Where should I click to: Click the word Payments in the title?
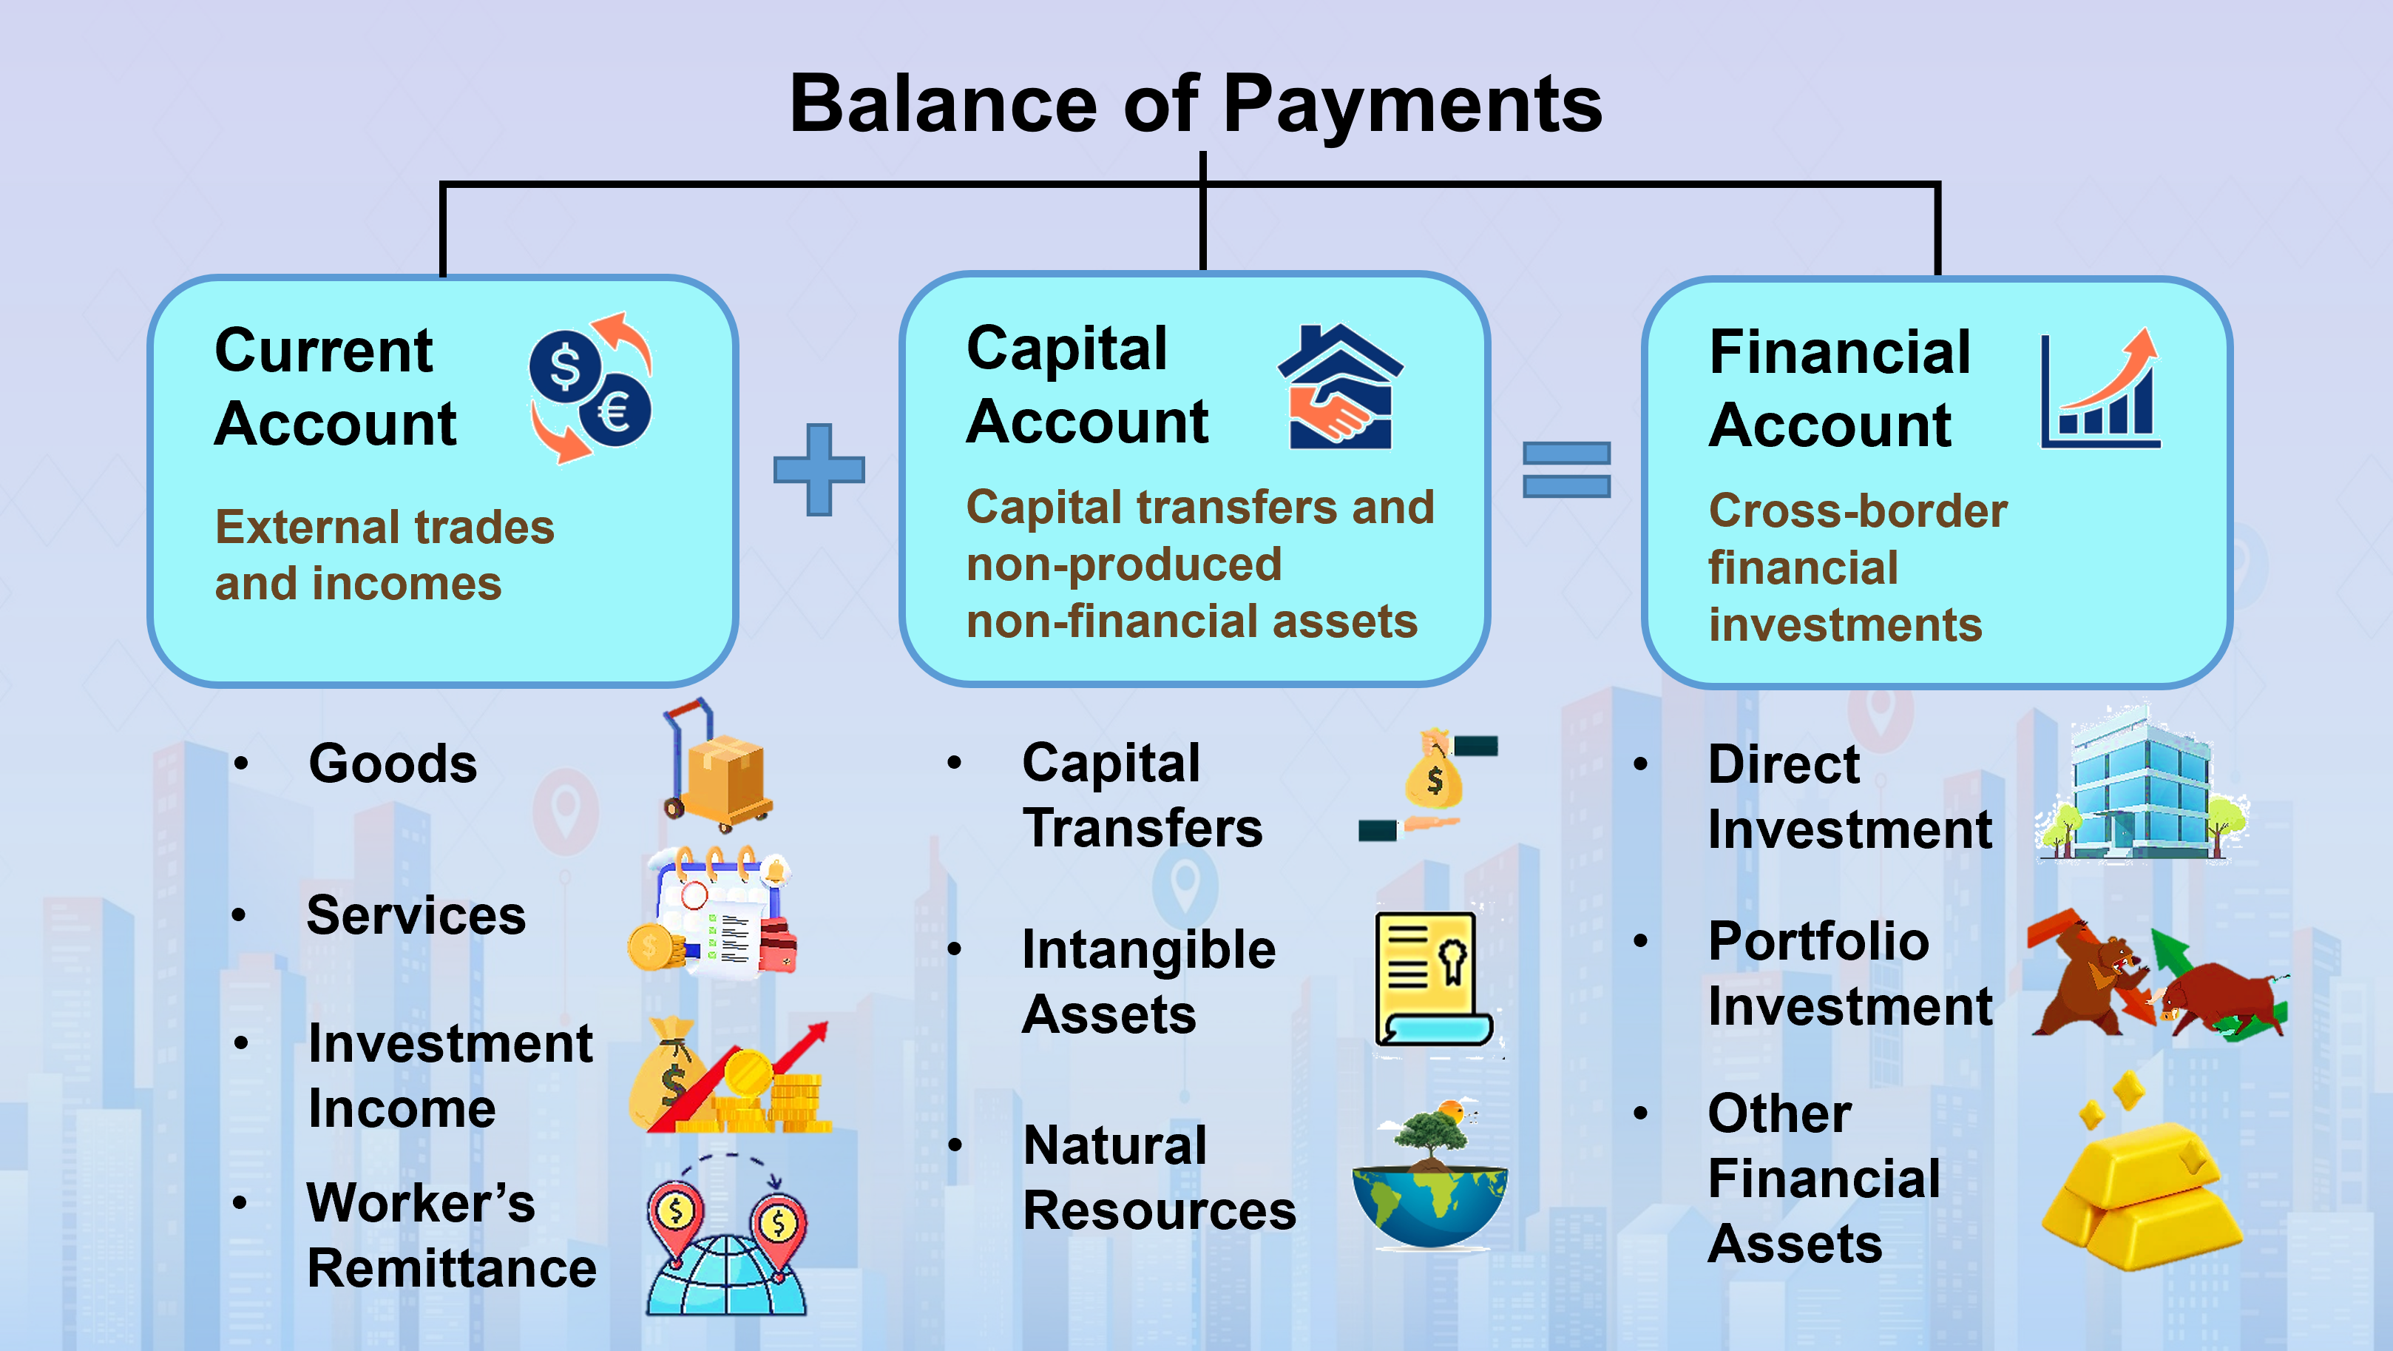click(1412, 104)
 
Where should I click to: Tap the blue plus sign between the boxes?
click(819, 469)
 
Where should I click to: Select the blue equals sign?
click(1566, 469)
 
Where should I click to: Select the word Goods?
click(393, 764)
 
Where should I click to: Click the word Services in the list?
click(416, 915)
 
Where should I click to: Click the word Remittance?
click(452, 1268)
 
